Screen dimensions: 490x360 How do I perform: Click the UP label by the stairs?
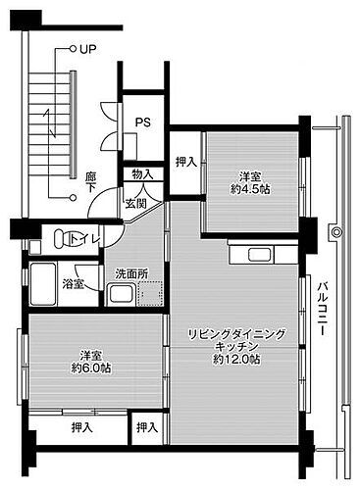(x=88, y=48)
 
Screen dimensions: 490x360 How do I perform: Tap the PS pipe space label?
(x=143, y=122)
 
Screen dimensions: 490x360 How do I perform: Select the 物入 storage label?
(x=142, y=174)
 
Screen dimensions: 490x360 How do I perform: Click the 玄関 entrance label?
(x=135, y=203)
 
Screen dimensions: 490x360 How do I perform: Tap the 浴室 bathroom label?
(x=74, y=284)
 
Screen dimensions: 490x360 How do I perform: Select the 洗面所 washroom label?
(x=130, y=273)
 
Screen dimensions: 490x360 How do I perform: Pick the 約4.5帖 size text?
(x=251, y=189)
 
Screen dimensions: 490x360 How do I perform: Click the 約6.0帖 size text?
(x=90, y=368)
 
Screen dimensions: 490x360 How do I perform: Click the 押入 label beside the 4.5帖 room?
(x=185, y=162)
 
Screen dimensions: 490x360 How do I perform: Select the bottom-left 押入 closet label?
(x=82, y=427)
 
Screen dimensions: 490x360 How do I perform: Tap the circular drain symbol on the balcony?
(x=336, y=233)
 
